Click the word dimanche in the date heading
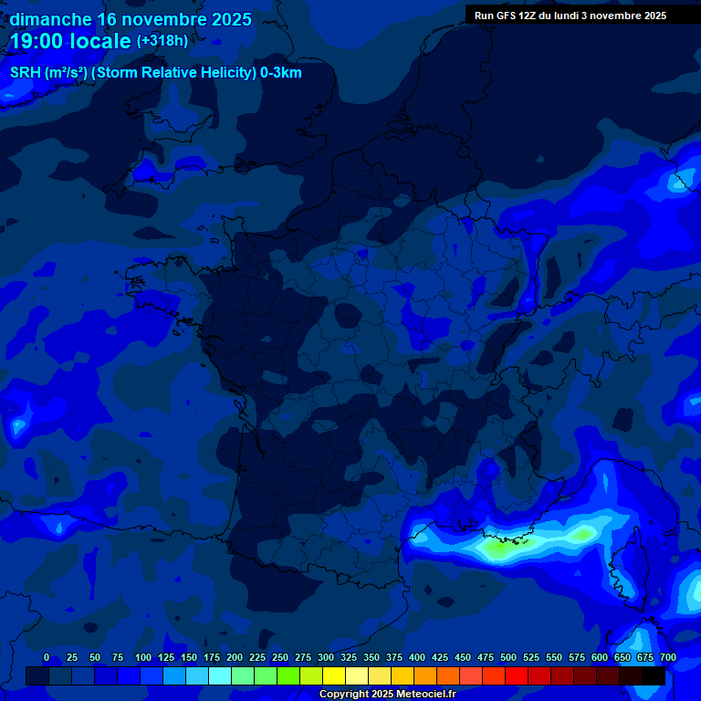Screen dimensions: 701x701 point(50,19)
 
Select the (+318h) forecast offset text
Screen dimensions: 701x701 point(162,41)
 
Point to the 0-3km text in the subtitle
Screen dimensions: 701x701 point(280,73)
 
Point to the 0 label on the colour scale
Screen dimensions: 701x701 point(47,657)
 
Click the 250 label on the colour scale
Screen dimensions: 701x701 point(280,657)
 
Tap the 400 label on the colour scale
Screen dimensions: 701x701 point(417,657)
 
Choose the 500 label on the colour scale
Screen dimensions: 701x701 point(508,657)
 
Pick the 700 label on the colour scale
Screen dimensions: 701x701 point(668,657)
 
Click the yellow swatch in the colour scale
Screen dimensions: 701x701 point(334,675)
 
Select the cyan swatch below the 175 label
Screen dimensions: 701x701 point(220,675)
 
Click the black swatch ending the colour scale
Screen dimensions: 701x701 point(654,675)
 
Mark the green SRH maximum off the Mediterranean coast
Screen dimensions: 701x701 point(497,549)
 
